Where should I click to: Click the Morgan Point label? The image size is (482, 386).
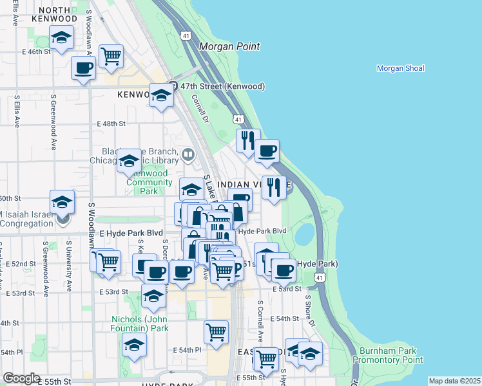(x=229, y=46)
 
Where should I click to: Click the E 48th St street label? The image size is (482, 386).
(x=111, y=123)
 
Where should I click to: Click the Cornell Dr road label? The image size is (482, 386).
(x=199, y=109)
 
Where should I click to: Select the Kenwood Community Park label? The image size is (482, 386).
(x=148, y=182)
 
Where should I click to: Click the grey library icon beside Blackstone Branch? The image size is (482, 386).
(x=188, y=154)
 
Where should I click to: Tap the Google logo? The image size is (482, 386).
(x=21, y=378)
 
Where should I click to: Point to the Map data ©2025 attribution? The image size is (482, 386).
(x=454, y=381)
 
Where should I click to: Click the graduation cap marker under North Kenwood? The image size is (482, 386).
(x=62, y=39)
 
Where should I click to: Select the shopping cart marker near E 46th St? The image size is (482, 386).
(x=111, y=56)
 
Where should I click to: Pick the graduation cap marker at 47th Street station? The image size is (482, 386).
(x=161, y=96)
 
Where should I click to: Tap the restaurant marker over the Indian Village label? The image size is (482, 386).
(x=274, y=188)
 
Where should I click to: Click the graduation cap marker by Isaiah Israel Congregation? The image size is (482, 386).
(x=62, y=202)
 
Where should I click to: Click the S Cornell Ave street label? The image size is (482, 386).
(x=260, y=321)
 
